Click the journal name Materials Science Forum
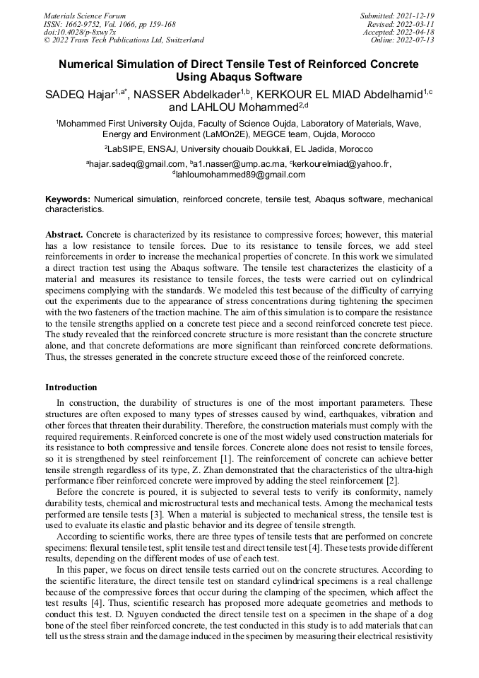pyautogui.click(x=85, y=15)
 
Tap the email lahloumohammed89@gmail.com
pyautogui.click(x=230, y=174)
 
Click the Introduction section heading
pyautogui.click(x=71, y=387)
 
